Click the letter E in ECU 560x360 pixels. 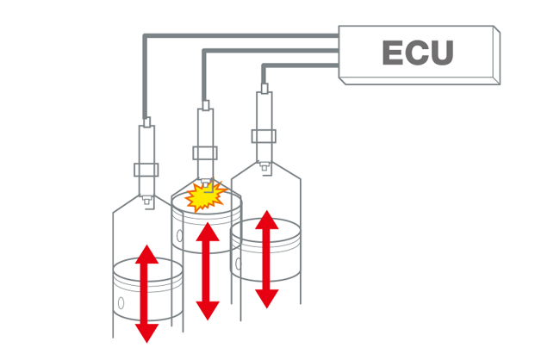coord(393,53)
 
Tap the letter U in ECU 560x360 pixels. coord(442,53)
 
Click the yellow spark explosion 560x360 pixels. coord(205,196)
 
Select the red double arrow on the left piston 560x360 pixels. coord(146,294)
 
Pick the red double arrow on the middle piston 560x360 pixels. coord(208,271)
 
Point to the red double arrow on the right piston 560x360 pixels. coord(267,259)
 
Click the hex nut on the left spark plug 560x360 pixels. coord(146,170)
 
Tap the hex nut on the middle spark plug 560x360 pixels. coord(205,152)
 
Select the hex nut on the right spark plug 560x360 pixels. coord(264,136)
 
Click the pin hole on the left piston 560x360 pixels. coord(121,303)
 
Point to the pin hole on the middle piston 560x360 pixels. coord(180,236)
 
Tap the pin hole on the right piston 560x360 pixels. coord(239,264)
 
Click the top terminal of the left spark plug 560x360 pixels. coord(146,122)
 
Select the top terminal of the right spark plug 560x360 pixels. coord(264,89)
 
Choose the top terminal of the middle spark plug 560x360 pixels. coord(206,105)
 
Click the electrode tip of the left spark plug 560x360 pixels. coord(146,201)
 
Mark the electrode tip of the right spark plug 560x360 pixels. coord(264,166)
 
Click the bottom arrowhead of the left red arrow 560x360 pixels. coord(146,333)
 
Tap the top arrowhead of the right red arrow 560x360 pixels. coord(267,220)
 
